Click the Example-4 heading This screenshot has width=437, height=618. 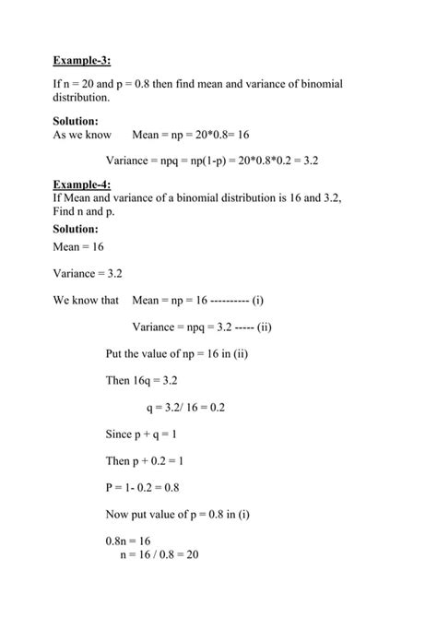click(x=82, y=184)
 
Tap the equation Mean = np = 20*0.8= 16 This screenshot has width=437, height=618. click(x=191, y=135)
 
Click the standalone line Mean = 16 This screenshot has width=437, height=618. click(x=78, y=248)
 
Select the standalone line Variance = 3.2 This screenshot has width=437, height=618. click(x=89, y=274)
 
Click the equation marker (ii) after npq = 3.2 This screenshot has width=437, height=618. click(x=264, y=327)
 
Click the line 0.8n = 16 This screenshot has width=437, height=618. click(x=128, y=540)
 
